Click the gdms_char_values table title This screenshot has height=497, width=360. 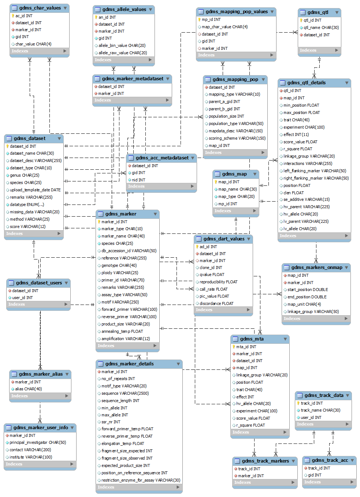(x=40, y=8)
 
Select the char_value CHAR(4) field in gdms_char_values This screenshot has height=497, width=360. (x=33, y=44)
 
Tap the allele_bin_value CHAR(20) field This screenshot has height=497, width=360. (x=122, y=45)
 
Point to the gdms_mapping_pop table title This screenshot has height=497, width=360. (x=235, y=80)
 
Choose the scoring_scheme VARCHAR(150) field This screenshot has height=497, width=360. (x=237, y=138)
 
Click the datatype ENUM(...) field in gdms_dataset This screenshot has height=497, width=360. (x=27, y=205)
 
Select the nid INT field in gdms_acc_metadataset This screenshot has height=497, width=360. (x=138, y=180)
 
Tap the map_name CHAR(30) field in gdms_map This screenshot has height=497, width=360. (x=237, y=189)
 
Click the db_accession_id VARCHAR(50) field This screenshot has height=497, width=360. (x=129, y=251)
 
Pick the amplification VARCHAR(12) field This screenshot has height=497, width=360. (x=125, y=339)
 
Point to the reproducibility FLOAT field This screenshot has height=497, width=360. (x=218, y=282)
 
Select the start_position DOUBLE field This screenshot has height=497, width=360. (x=308, y=290)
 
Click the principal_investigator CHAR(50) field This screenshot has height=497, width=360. (x=37, y=442)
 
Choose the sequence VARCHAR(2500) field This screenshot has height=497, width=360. (x=125, y=393)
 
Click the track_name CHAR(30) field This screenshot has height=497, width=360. (x=320, y=410)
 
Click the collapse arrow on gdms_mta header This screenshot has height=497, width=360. (x=285, y=339)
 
